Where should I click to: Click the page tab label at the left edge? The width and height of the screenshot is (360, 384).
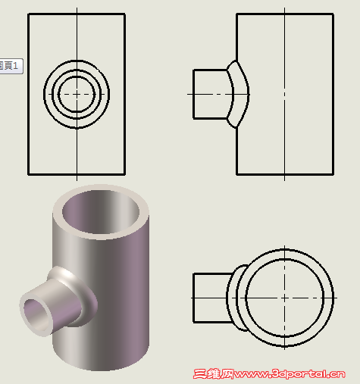point(10,66)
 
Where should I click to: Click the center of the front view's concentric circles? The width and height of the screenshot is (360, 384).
point(77,93)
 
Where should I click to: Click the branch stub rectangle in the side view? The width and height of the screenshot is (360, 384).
point(210,94)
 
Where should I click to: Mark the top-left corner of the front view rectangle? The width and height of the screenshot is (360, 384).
point(28,14)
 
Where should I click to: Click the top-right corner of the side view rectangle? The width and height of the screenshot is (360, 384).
point(333,14)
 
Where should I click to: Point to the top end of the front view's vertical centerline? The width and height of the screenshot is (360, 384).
point(77,8)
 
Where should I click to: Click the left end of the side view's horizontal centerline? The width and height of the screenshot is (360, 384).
point(188,94)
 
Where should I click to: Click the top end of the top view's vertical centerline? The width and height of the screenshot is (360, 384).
point(285,245)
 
